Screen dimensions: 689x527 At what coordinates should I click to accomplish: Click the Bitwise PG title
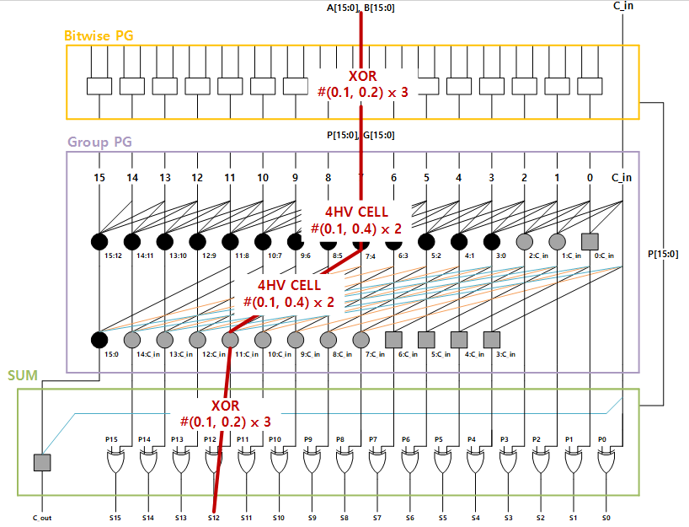99,36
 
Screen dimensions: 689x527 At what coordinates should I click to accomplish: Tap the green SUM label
22,374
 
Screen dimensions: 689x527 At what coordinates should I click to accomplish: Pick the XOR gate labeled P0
606,462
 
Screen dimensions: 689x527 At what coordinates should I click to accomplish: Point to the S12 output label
213,518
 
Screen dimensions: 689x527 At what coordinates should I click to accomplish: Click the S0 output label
606,518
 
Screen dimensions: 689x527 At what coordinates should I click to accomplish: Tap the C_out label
42,518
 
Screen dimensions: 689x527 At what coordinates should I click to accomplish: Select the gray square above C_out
42,462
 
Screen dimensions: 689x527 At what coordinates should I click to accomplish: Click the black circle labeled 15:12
99,241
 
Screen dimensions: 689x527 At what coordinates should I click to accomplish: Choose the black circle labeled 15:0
99,340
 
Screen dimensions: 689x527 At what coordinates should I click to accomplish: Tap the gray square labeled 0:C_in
590,241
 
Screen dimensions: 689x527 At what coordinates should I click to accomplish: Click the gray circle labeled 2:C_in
524,241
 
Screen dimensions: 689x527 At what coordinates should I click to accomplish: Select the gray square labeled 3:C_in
491,340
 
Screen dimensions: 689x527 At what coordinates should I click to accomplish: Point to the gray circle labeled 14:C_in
132,340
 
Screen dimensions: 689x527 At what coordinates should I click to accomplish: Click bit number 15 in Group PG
100,178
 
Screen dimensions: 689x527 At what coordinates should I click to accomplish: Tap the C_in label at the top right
622,7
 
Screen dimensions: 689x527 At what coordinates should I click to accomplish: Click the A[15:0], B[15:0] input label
361,8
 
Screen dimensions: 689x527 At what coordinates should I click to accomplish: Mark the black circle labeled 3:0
491,241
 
